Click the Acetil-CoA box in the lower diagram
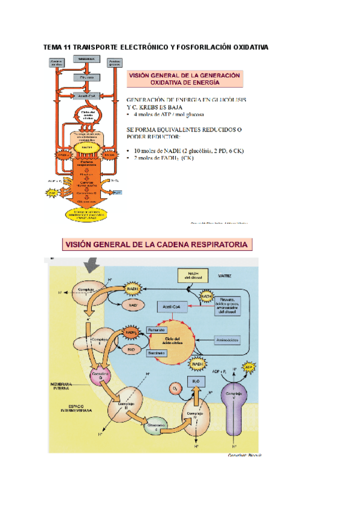tap(169, 307)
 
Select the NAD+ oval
tap(133, 306)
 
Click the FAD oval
tap(130, 349)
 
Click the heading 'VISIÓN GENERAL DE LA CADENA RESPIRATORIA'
tap(158, 244)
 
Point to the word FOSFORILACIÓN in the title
tap(202, 46)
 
